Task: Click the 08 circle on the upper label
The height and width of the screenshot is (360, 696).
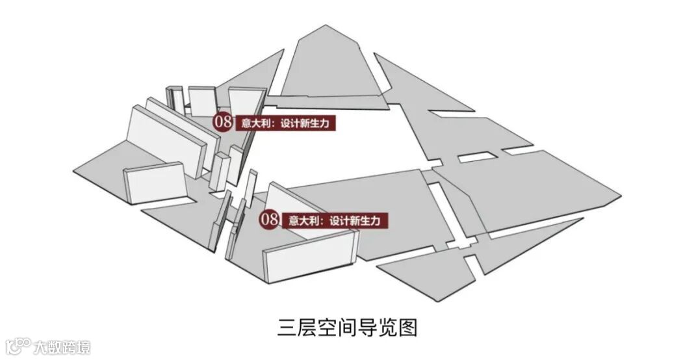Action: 223,122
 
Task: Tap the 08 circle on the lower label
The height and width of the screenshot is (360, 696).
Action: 270,220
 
